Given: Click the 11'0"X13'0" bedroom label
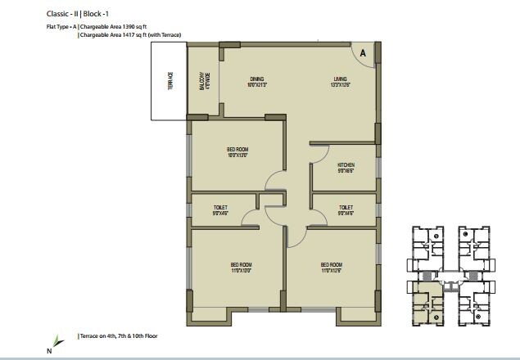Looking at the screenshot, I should point(240,268).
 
